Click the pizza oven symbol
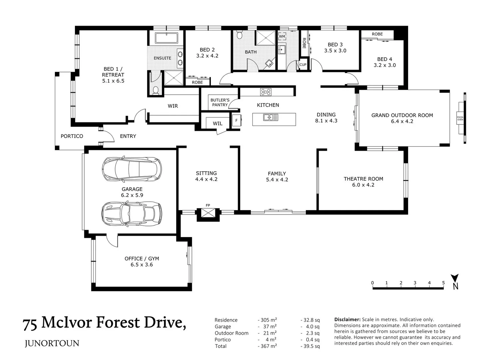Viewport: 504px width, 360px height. tap(460, 118)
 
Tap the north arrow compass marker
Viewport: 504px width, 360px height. tap(455, 281)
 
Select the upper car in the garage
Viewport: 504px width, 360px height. tap(132, 169)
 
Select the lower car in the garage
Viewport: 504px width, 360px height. tap(132, 213)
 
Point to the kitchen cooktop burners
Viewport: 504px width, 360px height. tap(265, 92)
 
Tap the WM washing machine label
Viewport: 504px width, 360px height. tap(282, 36)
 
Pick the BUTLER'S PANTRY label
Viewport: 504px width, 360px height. tap(220, 102)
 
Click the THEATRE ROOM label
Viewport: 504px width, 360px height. tap(363, 179)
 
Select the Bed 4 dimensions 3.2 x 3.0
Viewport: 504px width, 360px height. tap(384, 65)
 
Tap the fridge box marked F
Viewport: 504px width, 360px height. tap(236, 120)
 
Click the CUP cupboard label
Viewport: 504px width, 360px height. tap(303, 65)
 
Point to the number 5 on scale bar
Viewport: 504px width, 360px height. tap(443, 283)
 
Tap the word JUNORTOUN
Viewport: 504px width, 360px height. tap(52, 343)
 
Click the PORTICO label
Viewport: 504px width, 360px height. tap(72, 136)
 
